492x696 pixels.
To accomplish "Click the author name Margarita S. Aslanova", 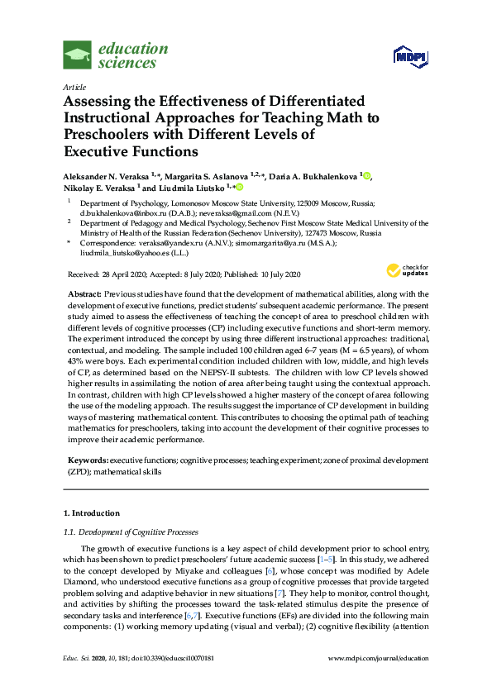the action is [202, 177].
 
